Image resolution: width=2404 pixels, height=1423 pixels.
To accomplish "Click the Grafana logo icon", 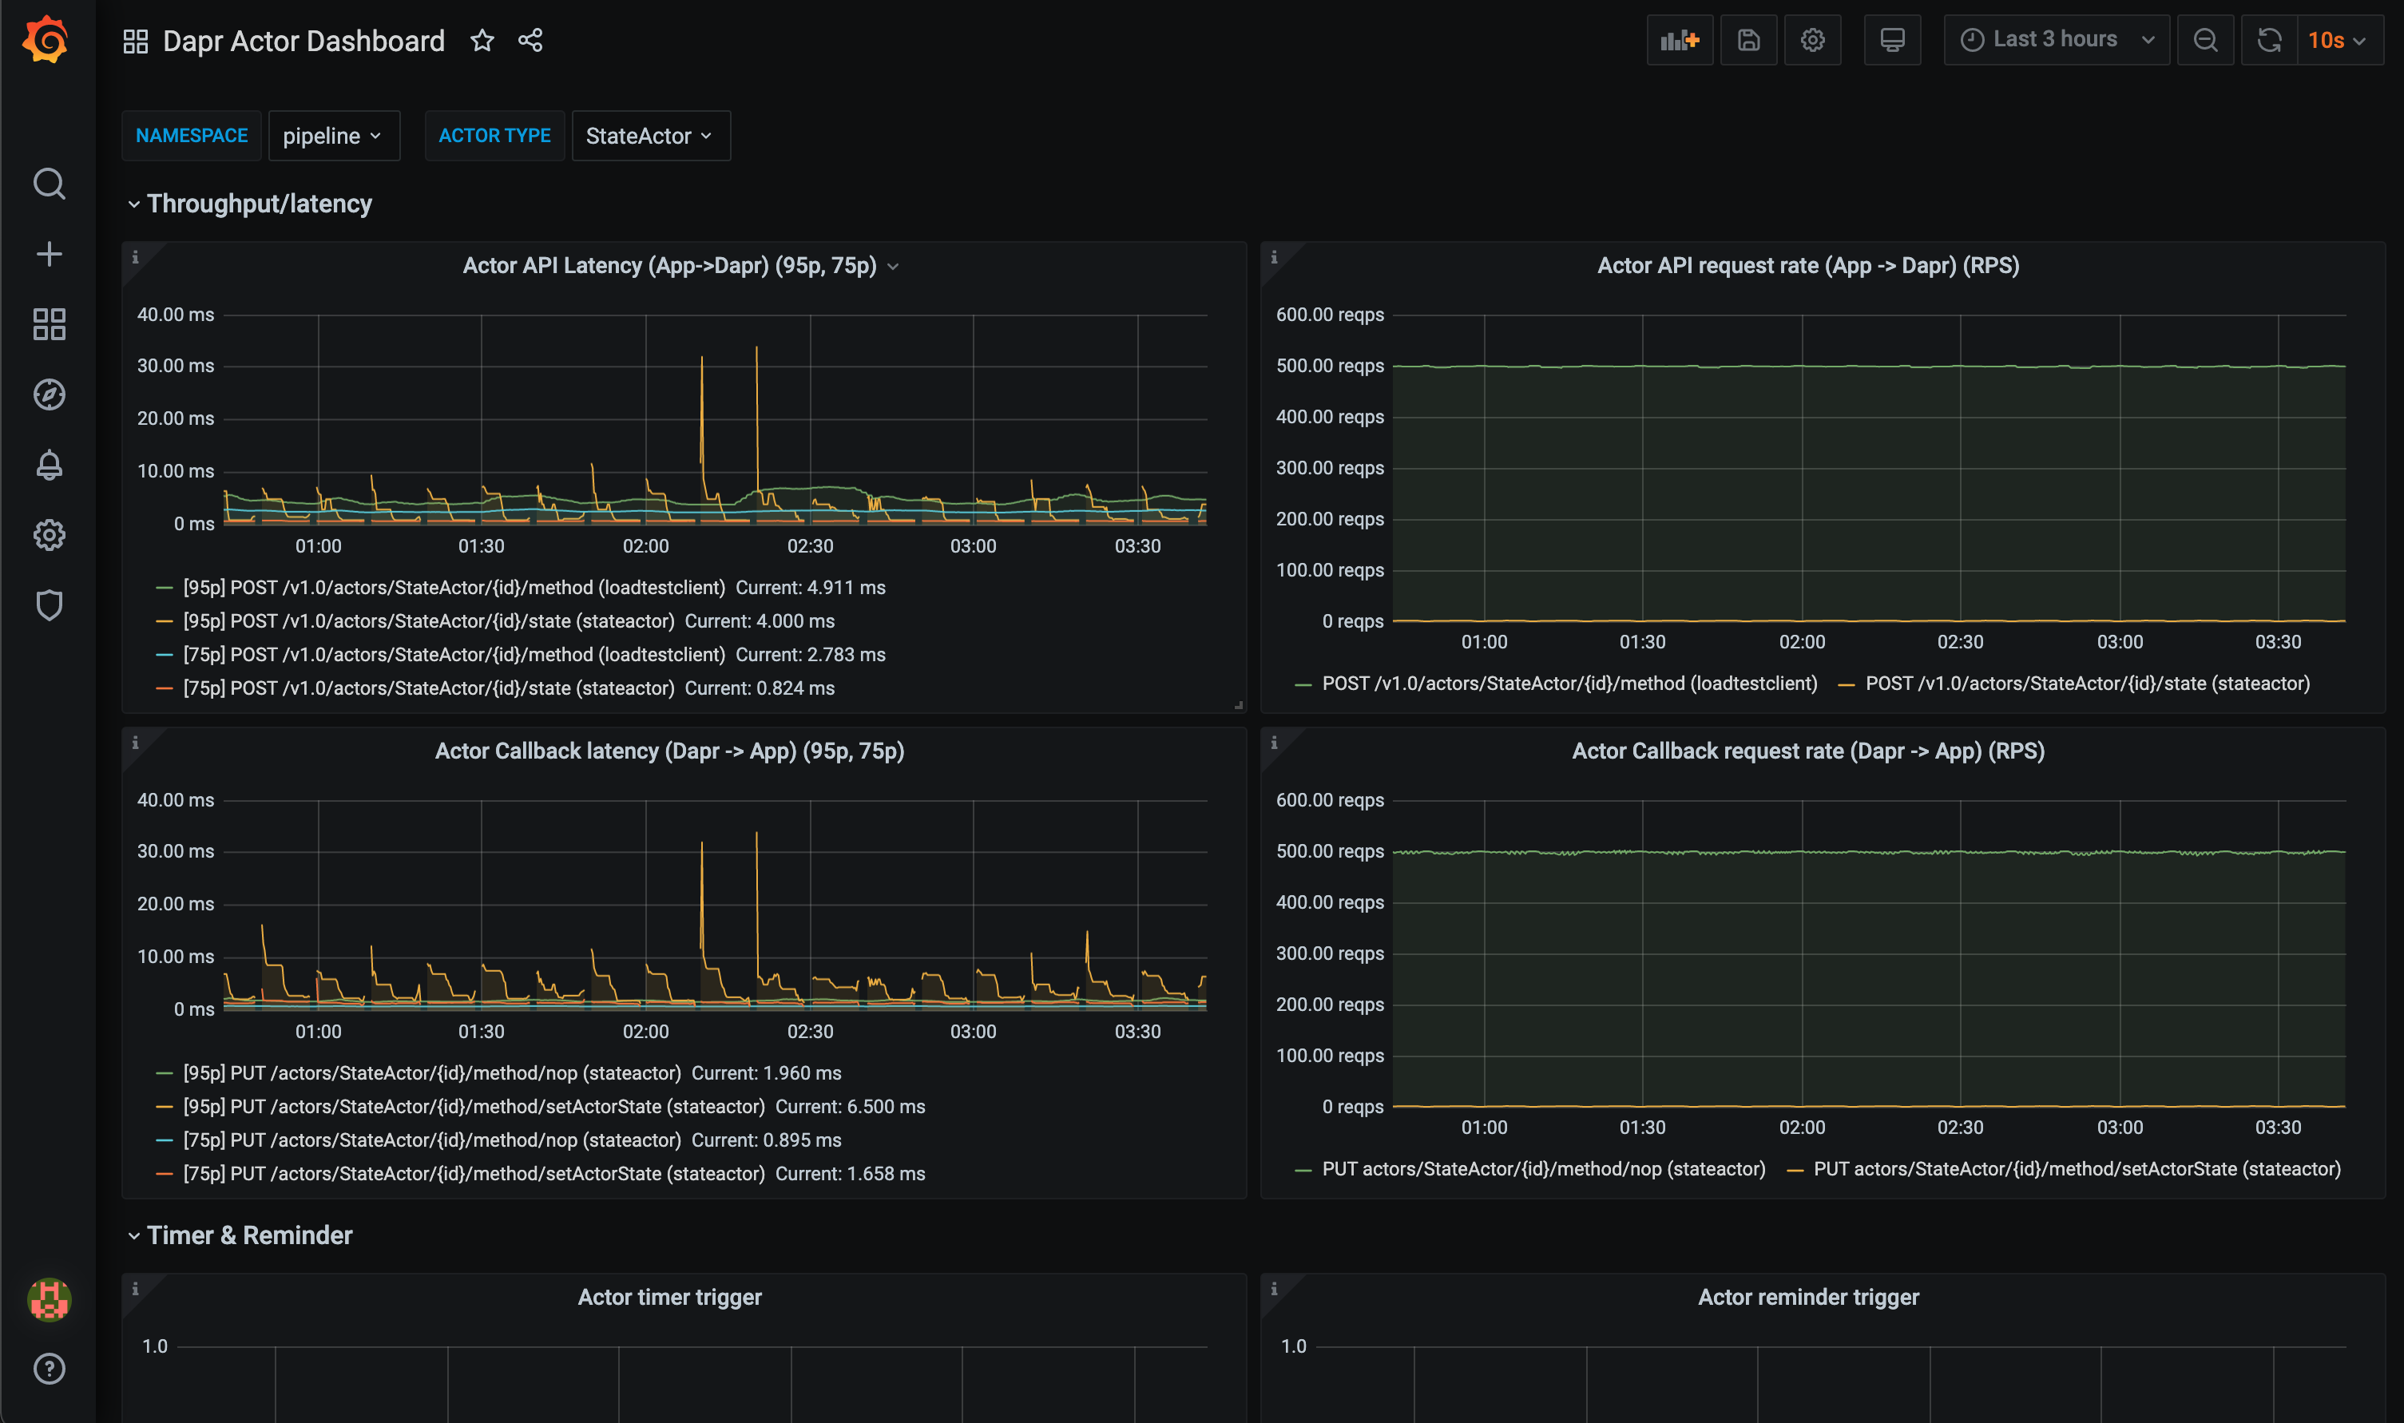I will [x=46, y=40].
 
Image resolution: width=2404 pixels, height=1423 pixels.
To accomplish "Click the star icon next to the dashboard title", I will [x=482, y=40].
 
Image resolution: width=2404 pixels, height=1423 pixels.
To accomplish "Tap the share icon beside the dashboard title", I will [x=530, y=40].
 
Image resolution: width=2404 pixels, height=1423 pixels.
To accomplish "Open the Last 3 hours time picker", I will [x=2055, y=39].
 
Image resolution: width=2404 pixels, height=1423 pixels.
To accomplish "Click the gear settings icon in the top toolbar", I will [x=1811, y=40].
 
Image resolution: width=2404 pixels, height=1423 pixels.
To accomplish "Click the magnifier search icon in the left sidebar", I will [x=49, y=183].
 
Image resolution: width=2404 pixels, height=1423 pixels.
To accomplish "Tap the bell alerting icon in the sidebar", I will [x=49, y=465].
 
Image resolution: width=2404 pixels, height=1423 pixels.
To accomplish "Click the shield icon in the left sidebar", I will [x=49, y=605].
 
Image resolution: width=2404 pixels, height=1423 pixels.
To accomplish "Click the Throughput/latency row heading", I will [x=259, y=204].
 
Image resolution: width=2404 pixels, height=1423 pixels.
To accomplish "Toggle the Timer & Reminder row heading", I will [x=249, y=1235].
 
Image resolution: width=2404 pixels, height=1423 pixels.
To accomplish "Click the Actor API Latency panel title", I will [x=669, y=266].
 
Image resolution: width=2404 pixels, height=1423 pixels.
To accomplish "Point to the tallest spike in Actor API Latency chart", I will [x=756, y=350].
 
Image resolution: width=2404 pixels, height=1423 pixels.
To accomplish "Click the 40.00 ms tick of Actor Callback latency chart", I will [x=176, y=799].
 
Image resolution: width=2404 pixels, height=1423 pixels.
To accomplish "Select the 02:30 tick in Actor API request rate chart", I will [x=1960, y=641].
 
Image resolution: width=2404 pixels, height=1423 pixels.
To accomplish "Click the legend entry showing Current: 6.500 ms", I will [x=553, y=1107].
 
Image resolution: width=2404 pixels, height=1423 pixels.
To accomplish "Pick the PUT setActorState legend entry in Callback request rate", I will [x=2076, y=1169].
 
